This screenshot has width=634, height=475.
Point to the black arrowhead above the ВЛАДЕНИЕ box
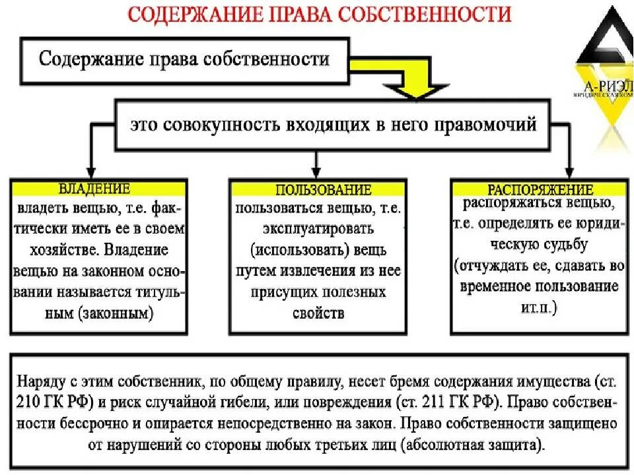(91, 171)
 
